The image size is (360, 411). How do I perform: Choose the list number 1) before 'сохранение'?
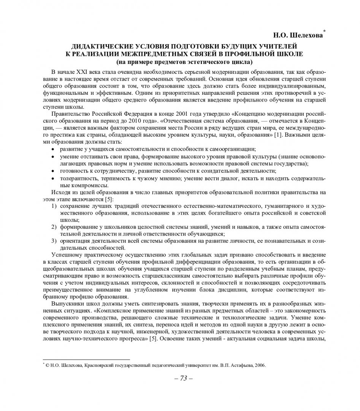pos(54,206)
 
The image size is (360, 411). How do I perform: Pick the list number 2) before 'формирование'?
pos(54,227)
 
